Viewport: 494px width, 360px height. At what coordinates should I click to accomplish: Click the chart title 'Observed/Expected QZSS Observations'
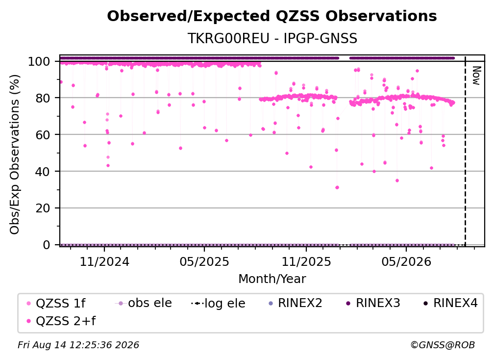[x=272, y=16]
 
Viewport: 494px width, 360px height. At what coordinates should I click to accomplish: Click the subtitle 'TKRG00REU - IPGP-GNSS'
[x=272, y=38]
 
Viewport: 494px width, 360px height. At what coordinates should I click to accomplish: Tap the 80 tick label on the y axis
[x=43, y=98]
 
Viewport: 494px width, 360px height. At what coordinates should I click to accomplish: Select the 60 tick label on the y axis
[x=43, y=135]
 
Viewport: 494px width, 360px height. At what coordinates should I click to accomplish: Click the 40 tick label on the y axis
[x=43, y=172]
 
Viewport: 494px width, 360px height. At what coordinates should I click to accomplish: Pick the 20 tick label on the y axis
[x=43, y=208]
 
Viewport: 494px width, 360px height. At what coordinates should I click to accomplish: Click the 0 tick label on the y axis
[x=46, y=245]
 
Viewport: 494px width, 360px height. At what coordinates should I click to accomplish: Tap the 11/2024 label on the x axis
[x=104, y=262]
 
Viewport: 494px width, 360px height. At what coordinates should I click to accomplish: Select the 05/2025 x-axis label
[x=204, y=262]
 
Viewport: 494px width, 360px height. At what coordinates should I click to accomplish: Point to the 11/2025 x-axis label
[x=306, y=262]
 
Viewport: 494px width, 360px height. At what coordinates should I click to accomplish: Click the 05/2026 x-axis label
[x=406, y=262]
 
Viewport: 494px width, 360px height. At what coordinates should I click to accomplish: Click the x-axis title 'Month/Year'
[x=272, y=279]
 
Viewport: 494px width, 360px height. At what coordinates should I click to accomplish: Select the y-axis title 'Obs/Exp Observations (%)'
[x=15, y=154]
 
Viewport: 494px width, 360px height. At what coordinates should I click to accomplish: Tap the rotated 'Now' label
[x=476, y=76]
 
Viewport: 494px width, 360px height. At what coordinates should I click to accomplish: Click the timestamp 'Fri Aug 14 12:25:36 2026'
[x=78, y=345]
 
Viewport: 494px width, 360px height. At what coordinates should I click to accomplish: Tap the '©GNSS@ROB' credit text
[x=443, y=345]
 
